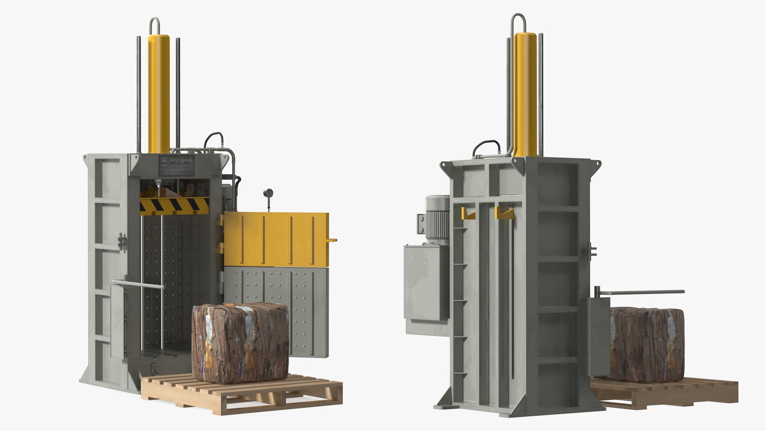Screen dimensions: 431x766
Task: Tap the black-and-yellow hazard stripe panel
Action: (174, 205)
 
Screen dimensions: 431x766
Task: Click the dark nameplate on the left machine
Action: (177, 165)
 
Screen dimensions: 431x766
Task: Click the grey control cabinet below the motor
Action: (426, 283)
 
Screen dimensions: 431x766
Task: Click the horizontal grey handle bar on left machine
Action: (138, 285)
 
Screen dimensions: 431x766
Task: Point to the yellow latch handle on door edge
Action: (332, 240)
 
